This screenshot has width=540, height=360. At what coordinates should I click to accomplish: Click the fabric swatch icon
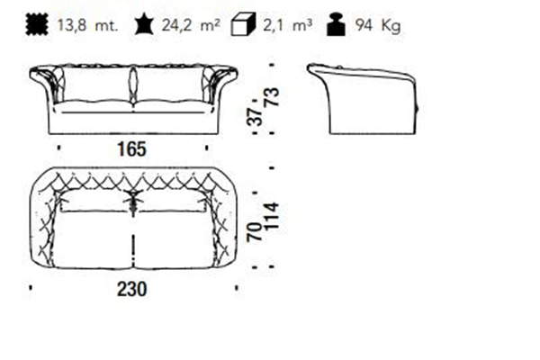click(37, 24)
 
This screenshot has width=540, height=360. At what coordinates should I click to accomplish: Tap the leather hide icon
click(144, 24)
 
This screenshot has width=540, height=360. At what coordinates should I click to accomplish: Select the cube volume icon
click(243, 24)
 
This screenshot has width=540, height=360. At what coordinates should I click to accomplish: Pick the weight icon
click(336, 24)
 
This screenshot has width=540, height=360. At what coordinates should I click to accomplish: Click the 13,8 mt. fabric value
click(87, 25)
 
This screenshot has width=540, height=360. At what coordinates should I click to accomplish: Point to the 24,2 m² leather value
click(191, 25)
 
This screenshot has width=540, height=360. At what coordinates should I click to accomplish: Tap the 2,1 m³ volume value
click(288, 25)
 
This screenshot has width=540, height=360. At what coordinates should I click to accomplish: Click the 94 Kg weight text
click(378, 26)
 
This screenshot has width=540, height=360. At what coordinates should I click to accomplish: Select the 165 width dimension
click(132, 149)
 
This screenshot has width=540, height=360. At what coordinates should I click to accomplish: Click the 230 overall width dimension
click(132, 289)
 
